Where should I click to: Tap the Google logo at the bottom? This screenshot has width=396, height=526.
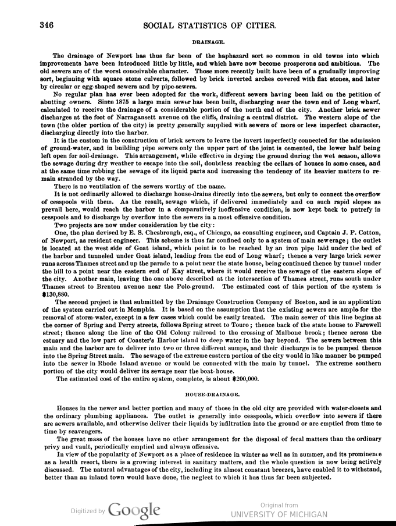coord(134,510)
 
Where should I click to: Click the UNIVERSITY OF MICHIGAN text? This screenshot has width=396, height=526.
coord(279,514)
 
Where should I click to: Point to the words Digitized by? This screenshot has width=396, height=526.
coord(88,511)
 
